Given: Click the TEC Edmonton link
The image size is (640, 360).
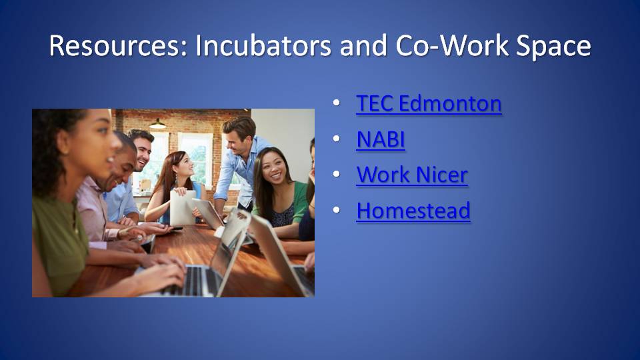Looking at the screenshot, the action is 429,103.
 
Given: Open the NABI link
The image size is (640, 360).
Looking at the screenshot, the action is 381,139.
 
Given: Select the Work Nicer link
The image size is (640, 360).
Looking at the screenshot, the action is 412,175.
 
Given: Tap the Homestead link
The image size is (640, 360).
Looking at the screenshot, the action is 413,211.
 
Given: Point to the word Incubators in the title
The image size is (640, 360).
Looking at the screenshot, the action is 263,45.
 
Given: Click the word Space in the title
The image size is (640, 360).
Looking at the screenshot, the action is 553,46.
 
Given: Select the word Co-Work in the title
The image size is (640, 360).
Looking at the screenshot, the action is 452,45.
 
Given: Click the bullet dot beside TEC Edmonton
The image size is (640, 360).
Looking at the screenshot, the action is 336,102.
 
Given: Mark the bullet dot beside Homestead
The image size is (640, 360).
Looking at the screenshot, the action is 336,210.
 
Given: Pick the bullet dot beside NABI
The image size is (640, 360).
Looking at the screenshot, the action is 336,139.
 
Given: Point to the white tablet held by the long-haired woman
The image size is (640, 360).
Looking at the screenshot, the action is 183,207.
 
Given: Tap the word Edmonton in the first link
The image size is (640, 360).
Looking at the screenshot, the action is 450,103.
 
